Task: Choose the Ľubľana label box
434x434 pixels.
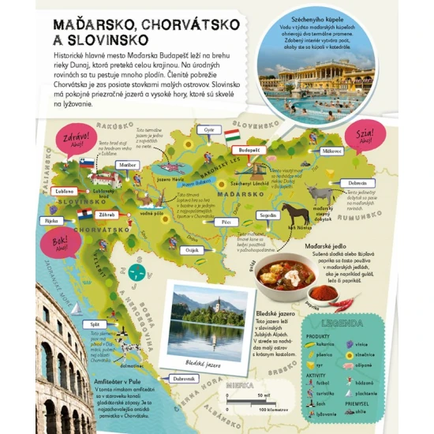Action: (x=64, y=190)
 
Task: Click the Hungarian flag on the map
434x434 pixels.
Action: (x=232, y=136)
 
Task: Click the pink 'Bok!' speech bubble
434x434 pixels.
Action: (x=51, y=240)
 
